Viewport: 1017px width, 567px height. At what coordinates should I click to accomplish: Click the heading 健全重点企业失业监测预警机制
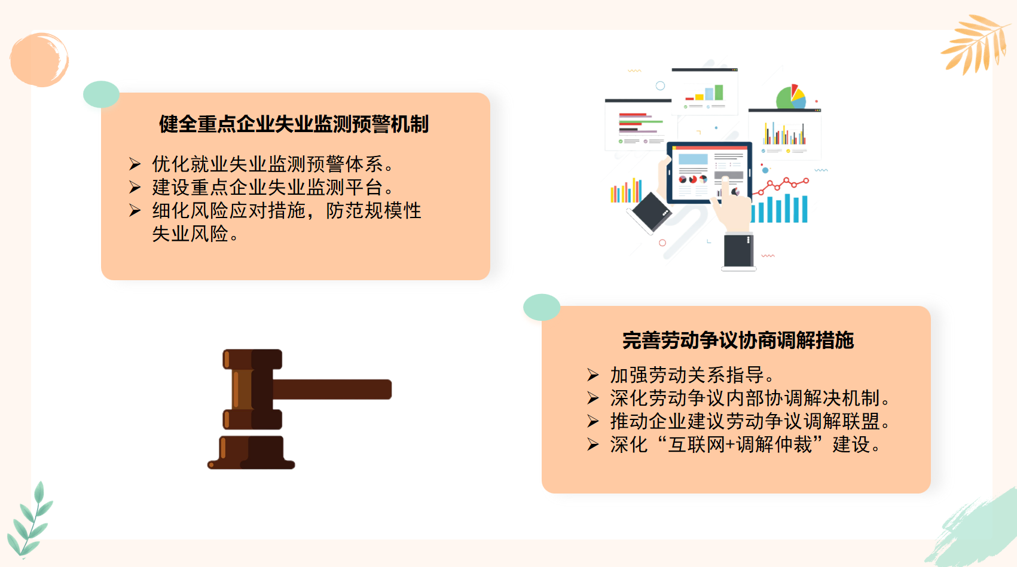[294, 124]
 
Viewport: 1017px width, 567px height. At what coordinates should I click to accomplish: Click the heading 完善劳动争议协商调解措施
[738, 340]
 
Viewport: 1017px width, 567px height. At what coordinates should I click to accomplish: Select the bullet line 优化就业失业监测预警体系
[273, 164]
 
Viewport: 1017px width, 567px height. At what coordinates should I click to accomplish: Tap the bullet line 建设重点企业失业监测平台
[273, 187]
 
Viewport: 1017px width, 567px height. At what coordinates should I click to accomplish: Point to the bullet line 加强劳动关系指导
[692, 375]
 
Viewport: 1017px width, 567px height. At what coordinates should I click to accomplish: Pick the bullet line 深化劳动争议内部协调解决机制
[750, 399]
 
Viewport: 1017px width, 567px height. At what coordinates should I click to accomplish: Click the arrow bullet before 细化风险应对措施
[135, 210]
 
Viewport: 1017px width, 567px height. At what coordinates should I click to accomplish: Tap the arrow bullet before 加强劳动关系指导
[593, 375]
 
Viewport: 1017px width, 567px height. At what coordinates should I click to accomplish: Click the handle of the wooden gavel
[332, 389]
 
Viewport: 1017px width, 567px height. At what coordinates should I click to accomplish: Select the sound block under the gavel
[251, 452]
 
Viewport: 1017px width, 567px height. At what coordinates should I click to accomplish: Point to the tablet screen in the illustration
[708, 172]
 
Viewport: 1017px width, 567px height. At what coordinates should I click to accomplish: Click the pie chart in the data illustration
[791, 97]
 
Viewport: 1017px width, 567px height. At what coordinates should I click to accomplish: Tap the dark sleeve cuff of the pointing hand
[739, 250]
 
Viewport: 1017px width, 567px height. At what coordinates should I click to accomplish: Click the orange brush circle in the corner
[39, 59]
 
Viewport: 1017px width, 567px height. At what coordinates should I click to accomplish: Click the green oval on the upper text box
[101, 94]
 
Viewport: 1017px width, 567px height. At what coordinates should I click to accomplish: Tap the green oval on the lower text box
[542, 307]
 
